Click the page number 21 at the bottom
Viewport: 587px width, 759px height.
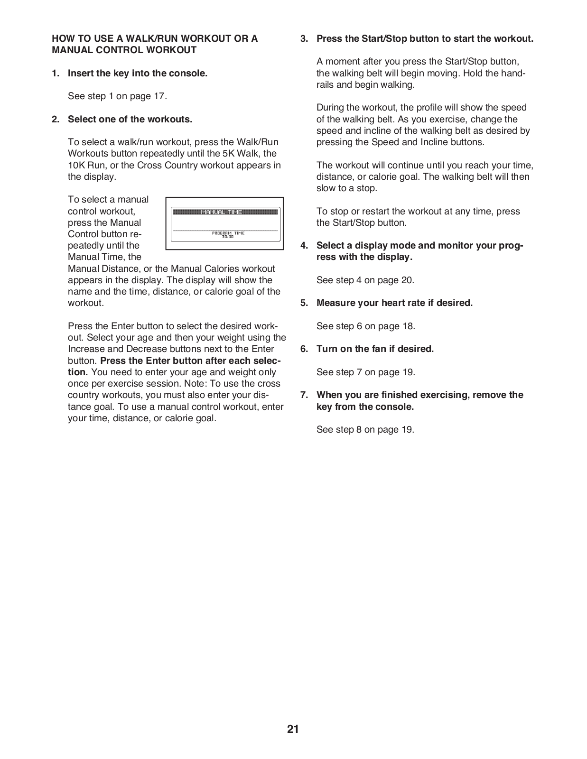pos(293,729)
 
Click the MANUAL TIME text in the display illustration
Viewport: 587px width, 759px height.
pos(222,212)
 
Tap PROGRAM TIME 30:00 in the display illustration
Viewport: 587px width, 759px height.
pos(228,235)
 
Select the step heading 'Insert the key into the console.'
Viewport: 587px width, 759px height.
pos(138,73)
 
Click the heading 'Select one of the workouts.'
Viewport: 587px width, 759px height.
pos(130,119)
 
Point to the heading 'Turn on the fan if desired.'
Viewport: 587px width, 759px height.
pos(375,349)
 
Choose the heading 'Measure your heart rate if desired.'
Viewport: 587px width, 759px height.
pos(394,303)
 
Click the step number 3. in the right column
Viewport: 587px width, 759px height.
pos(304,39)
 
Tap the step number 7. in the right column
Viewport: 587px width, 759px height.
pos(304,395)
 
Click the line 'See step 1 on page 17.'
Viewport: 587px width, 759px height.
pos(117,96)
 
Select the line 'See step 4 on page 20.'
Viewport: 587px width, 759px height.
pos(365,280)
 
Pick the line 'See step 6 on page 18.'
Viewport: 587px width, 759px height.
pos(365,326)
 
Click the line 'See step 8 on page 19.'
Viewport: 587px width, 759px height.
pos(365,429)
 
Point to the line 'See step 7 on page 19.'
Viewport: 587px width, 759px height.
pos(365,372)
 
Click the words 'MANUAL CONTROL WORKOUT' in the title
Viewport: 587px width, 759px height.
pos(124,50)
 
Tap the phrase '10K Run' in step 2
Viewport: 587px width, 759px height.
pos(83,165)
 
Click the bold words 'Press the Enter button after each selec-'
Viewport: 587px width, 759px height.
pos(190,361)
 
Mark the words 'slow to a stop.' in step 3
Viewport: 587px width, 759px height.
pos(346,188)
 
